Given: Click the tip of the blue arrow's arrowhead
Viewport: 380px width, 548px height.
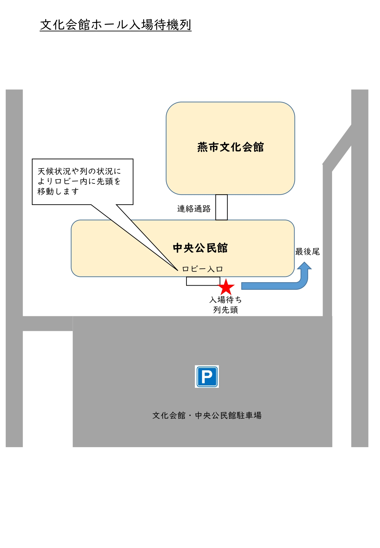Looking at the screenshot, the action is pos(304,262).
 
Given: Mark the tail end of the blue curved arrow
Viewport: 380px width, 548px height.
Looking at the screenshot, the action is pos(242,286).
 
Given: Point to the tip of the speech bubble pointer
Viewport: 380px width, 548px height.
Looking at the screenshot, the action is pos(178,270).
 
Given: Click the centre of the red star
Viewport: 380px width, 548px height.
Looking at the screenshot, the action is pos(226,287).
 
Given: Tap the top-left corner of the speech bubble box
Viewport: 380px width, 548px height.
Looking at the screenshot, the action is pos(32,159).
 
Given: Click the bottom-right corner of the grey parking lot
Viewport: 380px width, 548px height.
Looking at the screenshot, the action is pos(332,447).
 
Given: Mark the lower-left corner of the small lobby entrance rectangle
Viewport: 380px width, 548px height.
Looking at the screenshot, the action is pos(186,285).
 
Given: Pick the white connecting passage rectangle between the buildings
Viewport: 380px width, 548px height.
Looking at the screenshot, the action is pos(222,207).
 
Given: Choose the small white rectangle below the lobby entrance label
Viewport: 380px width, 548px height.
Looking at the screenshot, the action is pos(203,281).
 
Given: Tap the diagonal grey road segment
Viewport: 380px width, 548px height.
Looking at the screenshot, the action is pos(337,148).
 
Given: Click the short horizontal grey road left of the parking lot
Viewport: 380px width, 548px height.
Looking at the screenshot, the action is pos(48,323).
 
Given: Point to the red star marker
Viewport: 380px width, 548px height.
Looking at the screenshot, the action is pos(226,287).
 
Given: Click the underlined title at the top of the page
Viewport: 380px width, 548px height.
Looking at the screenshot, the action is pos(116,25).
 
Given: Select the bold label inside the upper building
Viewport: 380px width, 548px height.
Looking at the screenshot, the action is pos(230,147).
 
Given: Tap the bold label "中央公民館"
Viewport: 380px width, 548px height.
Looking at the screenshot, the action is pos(200,248).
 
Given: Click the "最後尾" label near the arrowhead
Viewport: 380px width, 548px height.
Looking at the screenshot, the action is pos(307,252).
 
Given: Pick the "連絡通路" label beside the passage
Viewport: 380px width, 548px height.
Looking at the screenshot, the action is pos(194,209).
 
